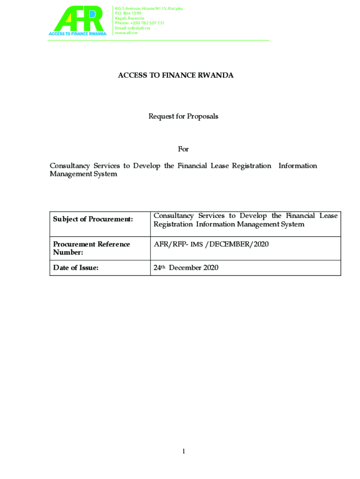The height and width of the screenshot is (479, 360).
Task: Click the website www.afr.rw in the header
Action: [126, 33]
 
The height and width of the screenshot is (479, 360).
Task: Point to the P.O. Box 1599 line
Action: [128, 13]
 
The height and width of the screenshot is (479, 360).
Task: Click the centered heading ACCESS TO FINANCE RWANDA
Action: [176, 75]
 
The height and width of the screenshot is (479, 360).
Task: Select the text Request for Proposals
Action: [183, 116]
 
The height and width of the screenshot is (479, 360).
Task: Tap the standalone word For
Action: [183, 149]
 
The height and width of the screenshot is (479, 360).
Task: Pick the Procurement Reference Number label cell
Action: [92, 248]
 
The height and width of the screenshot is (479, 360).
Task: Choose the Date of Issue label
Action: [76, 268]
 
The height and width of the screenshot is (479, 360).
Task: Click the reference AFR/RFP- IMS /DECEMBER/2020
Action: [211, 244]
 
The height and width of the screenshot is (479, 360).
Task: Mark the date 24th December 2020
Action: [186, 268]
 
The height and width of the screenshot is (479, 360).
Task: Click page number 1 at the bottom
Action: [184, 451]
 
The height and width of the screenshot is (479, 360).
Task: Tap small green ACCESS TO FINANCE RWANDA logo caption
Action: [78, 33]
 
